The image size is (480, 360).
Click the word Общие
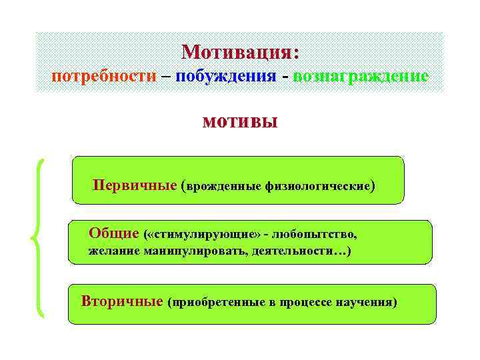pyautogui.click(x=113, y=234)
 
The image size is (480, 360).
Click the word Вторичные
pyautogui.click(x=122, y=301)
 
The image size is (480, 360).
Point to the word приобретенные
pyautogui.click(x=218, y=303)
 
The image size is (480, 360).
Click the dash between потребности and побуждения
pyautogui.click(x=165, y=75)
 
